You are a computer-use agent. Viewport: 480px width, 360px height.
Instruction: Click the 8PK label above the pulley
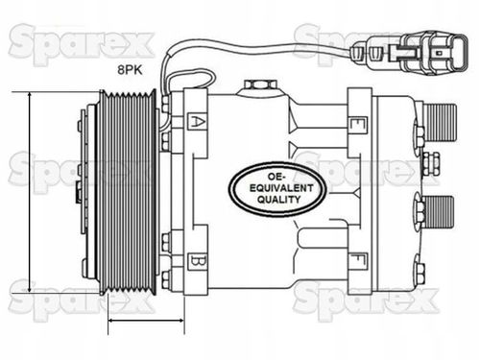point(130,70)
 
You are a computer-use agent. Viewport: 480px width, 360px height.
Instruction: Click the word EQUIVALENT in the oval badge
point(281,188)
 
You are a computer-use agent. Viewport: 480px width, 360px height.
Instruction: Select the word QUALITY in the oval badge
point(278,200)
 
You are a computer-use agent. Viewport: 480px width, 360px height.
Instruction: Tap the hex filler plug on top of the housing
point(260,85)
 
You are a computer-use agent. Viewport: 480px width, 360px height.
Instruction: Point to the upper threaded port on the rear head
point(440,123)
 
